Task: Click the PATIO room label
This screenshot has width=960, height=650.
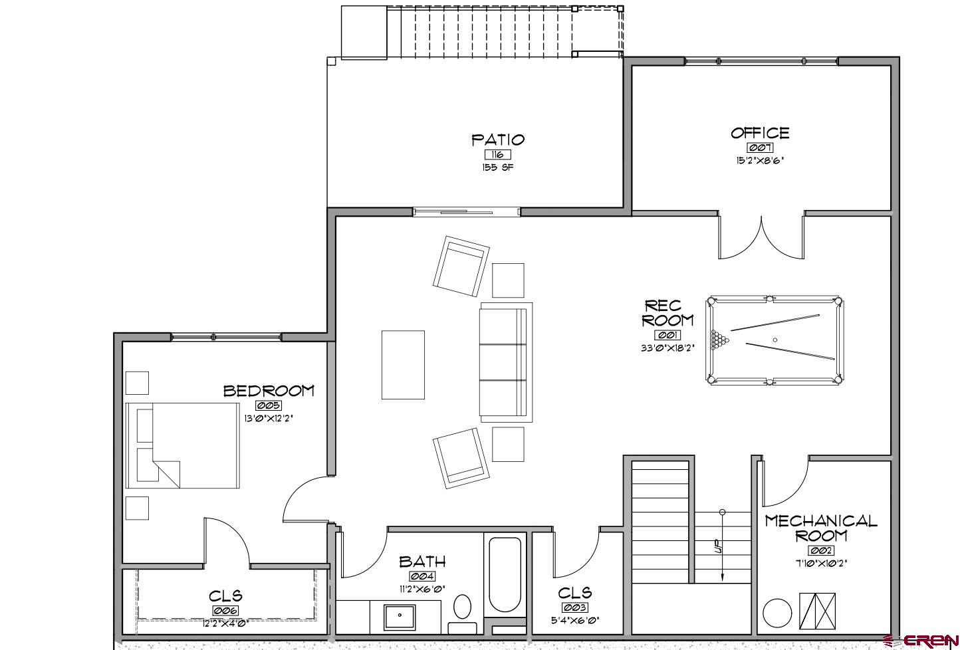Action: [498, 140]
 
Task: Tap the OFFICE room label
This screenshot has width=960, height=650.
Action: [760, 133]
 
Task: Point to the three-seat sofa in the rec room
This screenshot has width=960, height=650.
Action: [506, 362]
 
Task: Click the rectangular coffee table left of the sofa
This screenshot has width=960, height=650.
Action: [403, 365]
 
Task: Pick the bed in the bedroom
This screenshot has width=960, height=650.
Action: [182, 445]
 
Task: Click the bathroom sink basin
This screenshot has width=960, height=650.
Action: [399, 616]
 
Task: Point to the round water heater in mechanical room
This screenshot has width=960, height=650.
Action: [777, 613]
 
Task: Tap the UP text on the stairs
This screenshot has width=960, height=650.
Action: [717, 548]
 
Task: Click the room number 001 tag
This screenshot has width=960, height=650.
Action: [667, 335]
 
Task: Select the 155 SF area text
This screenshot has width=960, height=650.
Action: [498, 167]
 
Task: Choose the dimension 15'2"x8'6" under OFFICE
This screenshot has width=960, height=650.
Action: [759, 160]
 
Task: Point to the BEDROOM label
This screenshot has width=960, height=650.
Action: [269, 391]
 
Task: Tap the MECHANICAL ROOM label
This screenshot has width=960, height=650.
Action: [821, 527]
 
